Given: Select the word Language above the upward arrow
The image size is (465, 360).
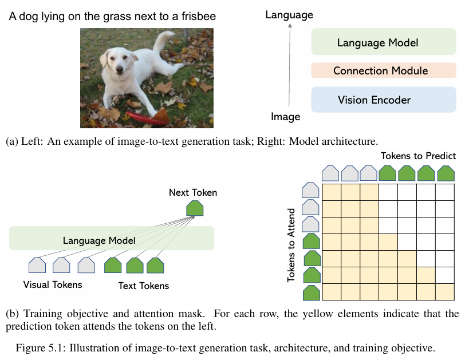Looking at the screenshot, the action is [289, 15].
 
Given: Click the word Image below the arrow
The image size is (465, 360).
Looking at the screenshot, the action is [285, 117].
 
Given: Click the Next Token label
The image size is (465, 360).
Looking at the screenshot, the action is [193, 192].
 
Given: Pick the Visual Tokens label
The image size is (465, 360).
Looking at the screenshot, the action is [53, 284].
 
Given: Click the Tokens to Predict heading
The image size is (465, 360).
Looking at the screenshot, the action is [418, 156].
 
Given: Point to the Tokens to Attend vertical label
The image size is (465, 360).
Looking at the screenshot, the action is [291, 244].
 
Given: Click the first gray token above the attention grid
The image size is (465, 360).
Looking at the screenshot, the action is [330, 173].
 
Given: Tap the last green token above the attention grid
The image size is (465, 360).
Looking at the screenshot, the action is [445, 173].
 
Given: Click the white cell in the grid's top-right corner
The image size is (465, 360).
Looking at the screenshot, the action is [445, 192].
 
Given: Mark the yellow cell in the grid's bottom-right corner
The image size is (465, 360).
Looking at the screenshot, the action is [445, 292].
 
